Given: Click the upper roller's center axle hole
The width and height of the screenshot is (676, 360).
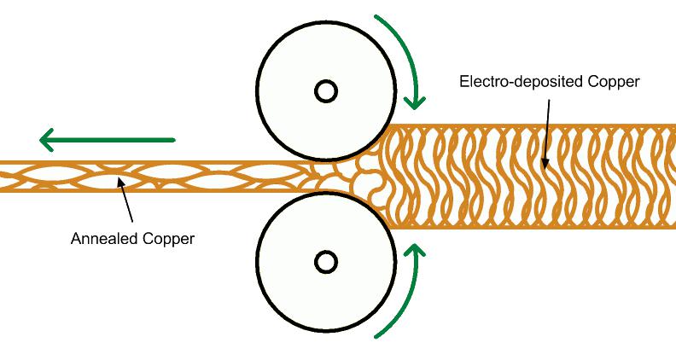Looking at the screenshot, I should (x=324, y=90).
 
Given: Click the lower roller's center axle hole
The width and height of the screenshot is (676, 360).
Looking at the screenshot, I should (x=324, y=261).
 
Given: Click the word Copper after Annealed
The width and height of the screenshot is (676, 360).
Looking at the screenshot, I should (x=170, y=239).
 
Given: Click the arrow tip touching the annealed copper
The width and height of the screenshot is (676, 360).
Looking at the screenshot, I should (x=119, y=183).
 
